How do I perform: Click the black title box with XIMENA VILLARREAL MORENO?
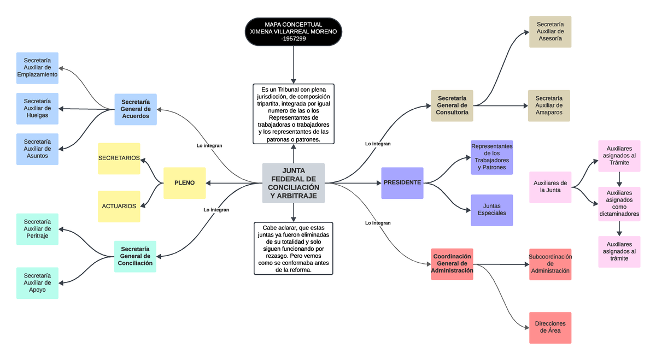[x=294, y=32]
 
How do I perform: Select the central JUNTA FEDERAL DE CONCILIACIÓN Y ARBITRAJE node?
[x=294, y=183]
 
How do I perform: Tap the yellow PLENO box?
[x=184, y=182]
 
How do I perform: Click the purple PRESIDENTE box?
[x=402, y=182]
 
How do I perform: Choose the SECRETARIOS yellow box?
[x=119, y=158]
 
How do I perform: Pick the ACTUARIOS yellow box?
[x=119, y=206]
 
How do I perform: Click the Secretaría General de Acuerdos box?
[x=136, y=109]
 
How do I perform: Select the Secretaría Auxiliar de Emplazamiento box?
[x=37, y=68]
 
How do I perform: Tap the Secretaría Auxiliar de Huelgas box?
[x=37, y=109]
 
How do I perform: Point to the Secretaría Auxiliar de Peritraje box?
[x=37, y=229]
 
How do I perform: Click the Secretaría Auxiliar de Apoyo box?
[x=37, y=283]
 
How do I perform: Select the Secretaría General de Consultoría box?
[x=452, y=105]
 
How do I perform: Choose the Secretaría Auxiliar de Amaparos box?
[x=549, y=105]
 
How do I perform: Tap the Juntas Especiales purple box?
[x=492, y=210]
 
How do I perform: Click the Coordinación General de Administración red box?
[x=452, y=264]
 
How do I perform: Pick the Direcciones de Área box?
[x=550, y=328]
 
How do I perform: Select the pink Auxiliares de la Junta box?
[x=550, y=187]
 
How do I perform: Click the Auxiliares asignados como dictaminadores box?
[x=619, y=203]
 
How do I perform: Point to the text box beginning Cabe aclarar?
[x=294, y=248]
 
